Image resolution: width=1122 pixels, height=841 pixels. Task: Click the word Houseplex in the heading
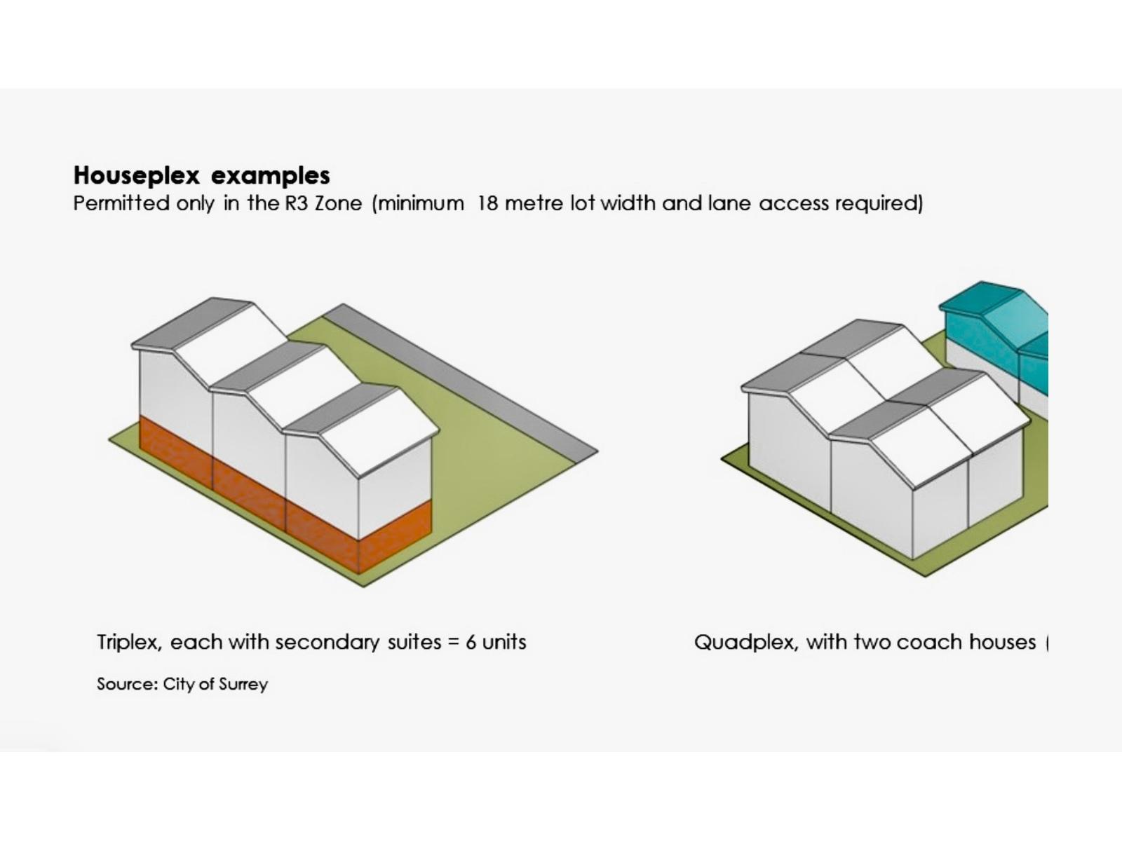137,176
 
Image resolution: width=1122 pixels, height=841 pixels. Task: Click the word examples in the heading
271,176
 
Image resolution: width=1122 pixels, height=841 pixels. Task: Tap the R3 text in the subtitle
297,203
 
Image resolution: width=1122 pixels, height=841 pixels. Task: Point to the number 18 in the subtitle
487,203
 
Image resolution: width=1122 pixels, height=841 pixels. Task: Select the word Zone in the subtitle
339,203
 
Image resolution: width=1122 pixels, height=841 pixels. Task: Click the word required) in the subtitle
879,204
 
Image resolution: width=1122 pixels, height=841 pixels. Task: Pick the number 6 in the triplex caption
471,642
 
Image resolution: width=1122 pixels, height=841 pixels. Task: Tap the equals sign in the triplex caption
453,643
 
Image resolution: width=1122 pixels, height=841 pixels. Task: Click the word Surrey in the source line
243,684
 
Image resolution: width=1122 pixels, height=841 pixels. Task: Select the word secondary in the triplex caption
327,643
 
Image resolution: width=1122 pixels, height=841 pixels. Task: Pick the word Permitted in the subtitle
121,203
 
